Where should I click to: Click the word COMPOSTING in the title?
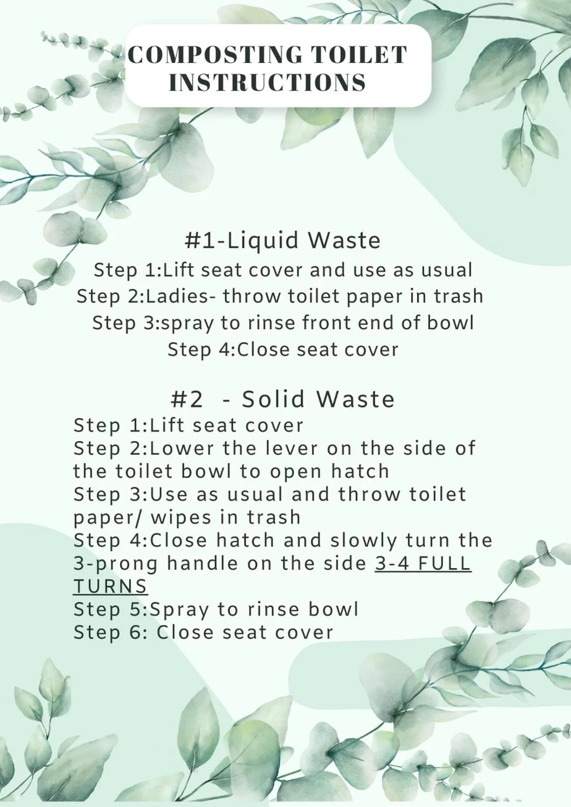215,55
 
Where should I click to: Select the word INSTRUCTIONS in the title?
267,82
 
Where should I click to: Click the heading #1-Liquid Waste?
283,240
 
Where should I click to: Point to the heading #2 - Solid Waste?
283,399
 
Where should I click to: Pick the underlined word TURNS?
110,587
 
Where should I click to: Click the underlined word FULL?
444,564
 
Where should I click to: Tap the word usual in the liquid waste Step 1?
447,270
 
